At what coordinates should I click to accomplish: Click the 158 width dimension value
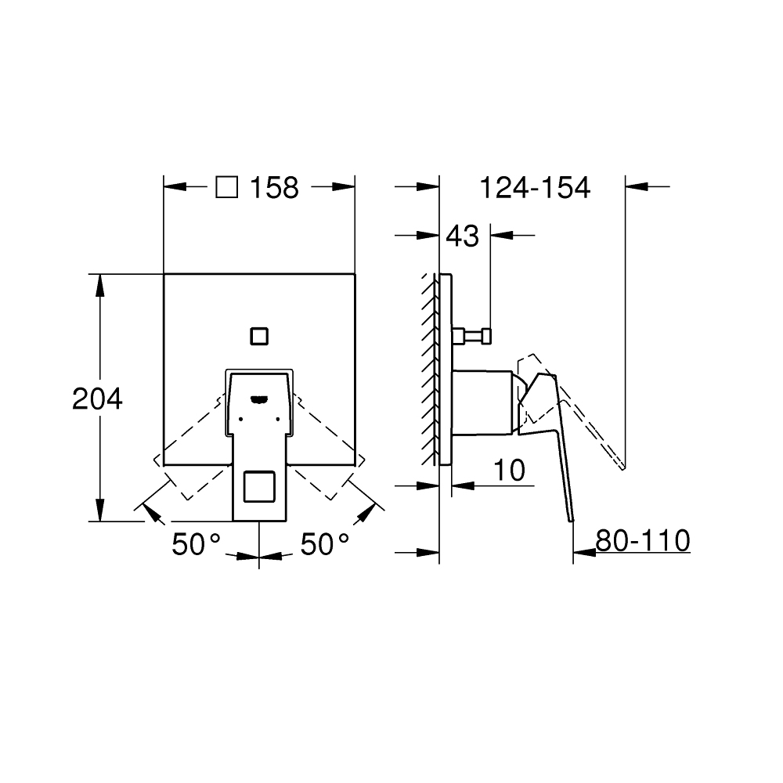274,187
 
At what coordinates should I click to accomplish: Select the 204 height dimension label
97,399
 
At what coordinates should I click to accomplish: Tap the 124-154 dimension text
534,187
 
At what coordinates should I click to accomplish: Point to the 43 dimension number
462,235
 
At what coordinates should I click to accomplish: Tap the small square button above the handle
258,337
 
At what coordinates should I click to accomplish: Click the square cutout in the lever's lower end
259,489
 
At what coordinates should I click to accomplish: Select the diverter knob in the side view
472,336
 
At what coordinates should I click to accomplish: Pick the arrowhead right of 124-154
637,186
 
